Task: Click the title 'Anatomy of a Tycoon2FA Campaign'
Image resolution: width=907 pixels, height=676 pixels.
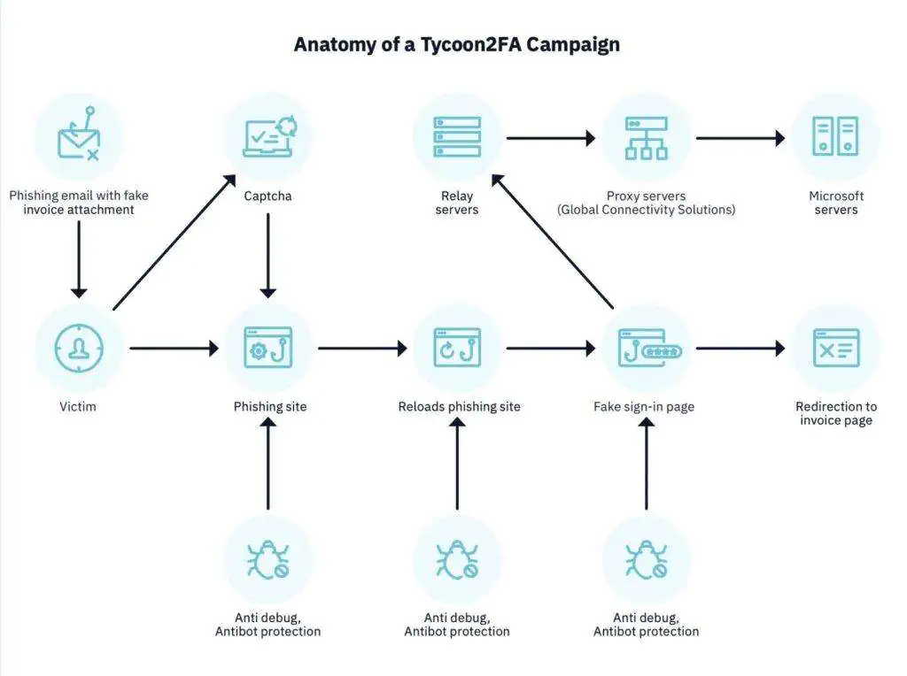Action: [x=456, y=44]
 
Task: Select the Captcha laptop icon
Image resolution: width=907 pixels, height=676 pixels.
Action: [x=268, y=138]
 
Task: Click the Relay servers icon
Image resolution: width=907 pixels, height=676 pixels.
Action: [x=457, y=138]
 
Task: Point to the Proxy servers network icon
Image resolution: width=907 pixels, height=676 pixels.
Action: [x=646, y=138]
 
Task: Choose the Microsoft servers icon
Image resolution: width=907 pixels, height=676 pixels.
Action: [x=835, y=138]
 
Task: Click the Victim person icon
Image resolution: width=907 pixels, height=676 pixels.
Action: [x=79, y=349]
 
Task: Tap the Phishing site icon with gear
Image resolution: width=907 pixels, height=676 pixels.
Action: [x=268, y=349]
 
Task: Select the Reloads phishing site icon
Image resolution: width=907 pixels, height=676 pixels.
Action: [x=457, y=349]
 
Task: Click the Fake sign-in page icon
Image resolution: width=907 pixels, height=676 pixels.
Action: [x=646, y=349]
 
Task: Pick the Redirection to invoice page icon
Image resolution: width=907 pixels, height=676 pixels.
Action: [x=835, y=349]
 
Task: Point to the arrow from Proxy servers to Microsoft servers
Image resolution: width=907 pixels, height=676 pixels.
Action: [x=740, y=138]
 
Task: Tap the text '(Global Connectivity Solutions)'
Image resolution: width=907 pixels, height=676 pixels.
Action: [x=646, y=211]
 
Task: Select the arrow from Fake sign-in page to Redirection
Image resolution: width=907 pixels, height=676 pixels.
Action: [x=740, y=349]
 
